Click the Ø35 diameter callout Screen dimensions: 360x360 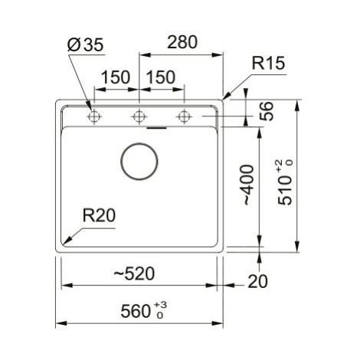click(x=85, y=44)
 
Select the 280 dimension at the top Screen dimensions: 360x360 click(x=182, y=42)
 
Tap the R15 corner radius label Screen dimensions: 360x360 click(x=268, y=63)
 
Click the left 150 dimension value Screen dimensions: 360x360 click(x=116, y=77)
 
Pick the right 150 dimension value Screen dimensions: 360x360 click(x=161, y=77)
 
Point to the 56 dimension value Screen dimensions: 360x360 click(x=267, y=111)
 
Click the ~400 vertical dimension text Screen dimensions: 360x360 click(x=248, y=185)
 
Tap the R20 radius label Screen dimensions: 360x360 click(x=99, y=215)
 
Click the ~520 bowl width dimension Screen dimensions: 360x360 click(x=134, y=273)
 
